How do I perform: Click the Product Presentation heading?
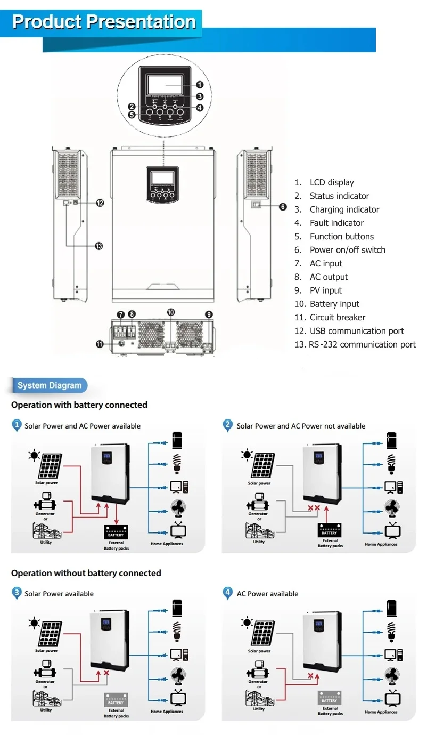(104, 22)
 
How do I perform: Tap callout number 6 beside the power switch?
(283, 207)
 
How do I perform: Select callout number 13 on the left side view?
(98, 246)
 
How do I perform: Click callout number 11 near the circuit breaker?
(100, 344)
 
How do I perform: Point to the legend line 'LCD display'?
(332, 182)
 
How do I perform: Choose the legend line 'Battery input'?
(334, 304)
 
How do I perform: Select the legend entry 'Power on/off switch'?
(347, 250)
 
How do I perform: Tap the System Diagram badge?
(49, 385)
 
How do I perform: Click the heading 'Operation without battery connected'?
(86, 573)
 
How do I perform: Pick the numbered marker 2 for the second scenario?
(228, 425)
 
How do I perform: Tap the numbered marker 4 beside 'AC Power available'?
(228, 593)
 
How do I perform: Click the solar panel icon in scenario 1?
(50, 465)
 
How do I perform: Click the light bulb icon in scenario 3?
(177, 629)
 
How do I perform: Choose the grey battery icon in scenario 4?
(329, 698)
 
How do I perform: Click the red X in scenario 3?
(106, 673)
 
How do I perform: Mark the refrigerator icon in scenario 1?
(177, 441)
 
